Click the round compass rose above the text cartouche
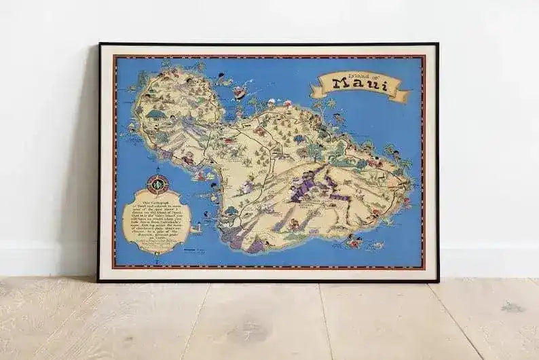[x=157, y=183]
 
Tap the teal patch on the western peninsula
[x=155, y=114]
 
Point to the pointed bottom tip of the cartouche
[x=157, y=254]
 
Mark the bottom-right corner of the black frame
[x=437, y=281]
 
